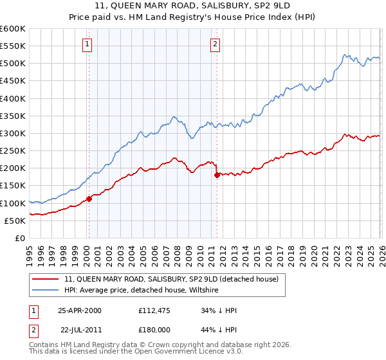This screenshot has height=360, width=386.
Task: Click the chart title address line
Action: point(192,6)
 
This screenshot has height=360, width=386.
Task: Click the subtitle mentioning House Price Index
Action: point(192,17)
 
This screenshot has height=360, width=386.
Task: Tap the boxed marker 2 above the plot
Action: point(216,44)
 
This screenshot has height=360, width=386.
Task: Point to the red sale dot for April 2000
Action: point(89,199)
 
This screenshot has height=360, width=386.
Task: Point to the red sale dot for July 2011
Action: point(217,175)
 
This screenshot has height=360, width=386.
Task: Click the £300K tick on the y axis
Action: point(13,134)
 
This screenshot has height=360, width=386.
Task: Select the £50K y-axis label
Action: point(15,221)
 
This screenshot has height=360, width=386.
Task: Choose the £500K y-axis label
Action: point(13,64)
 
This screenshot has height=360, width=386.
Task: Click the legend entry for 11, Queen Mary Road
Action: point(171,280)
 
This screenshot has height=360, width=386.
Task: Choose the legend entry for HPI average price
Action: point(142,291)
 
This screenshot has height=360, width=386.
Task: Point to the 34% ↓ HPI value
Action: point(219,310)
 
